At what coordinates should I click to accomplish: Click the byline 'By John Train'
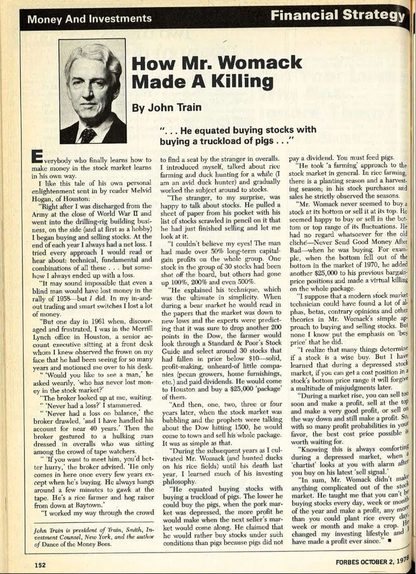click(x=164, y=107)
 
